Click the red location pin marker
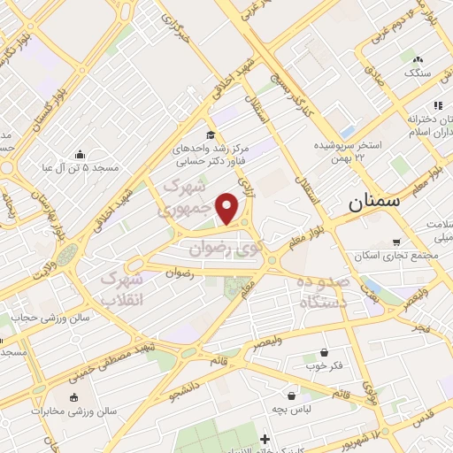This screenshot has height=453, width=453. (228, 208)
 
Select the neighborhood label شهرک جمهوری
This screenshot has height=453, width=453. (187, 199)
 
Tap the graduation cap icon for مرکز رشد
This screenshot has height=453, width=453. (211, 134)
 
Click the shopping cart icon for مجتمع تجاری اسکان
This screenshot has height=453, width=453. (395, 242)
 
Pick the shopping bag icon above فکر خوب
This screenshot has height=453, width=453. (324, 352)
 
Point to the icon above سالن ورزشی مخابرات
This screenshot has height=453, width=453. (74, 397)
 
